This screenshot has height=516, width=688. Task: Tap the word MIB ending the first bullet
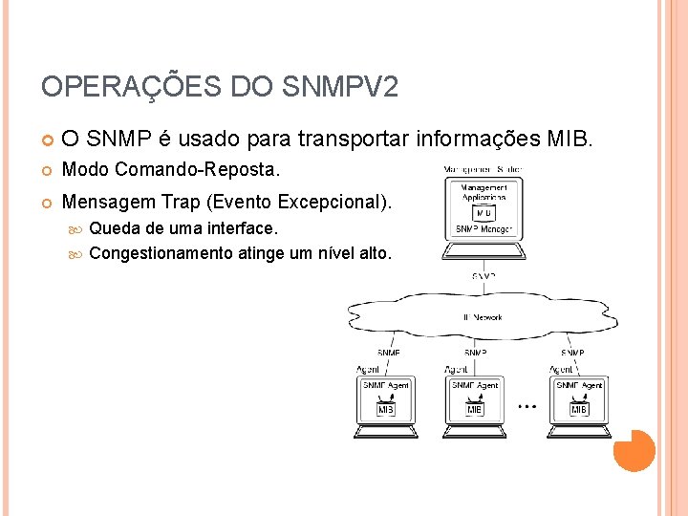570,140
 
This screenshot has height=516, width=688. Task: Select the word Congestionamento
161,253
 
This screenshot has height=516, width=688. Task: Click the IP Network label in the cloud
483,317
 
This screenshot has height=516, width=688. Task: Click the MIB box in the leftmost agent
386,409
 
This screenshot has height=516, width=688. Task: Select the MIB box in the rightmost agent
578,409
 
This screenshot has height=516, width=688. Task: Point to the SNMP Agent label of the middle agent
475,385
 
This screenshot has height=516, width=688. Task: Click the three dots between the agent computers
527,406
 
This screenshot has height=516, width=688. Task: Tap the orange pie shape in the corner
634,450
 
